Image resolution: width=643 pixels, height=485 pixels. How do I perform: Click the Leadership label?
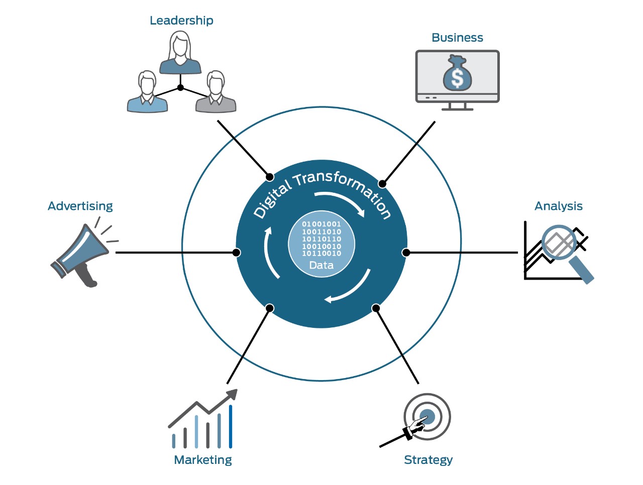(181, 21)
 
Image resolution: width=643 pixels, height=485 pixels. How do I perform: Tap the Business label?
(457, 38)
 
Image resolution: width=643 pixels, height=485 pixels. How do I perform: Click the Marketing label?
(203, 460)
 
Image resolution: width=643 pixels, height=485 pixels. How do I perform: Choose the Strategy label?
(428, 460)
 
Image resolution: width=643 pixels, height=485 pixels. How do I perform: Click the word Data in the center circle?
(321, 266)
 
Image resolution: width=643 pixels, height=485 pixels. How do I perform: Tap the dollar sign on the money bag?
(457, 78)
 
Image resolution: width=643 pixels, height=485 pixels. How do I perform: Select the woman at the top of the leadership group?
(180, 52)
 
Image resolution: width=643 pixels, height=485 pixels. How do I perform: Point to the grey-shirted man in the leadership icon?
(216, 91)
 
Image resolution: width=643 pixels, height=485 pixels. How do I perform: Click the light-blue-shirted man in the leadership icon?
(147, 91)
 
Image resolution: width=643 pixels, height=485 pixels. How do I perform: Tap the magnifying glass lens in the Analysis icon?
(559, 242)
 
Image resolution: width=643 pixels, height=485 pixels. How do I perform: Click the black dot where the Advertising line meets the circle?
(237, 253)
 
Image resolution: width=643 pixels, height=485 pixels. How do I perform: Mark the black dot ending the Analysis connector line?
(406, 253)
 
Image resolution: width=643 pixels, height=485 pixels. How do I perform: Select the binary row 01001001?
(321, 224)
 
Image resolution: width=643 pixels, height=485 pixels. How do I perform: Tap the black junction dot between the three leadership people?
(180, 87)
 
